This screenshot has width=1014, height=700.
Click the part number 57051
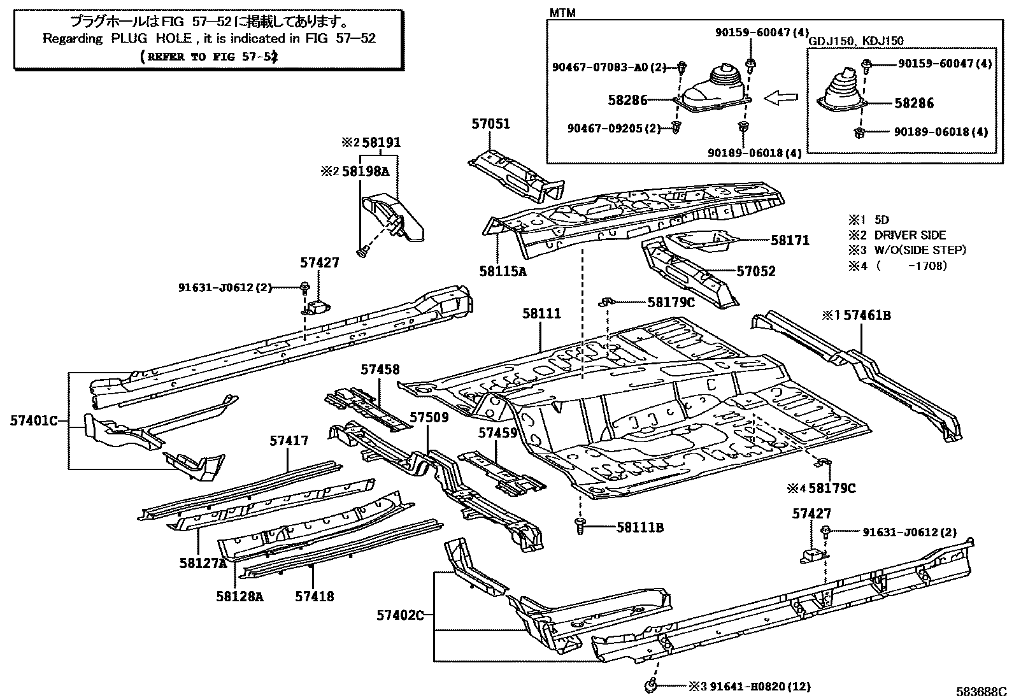[x=491, y=124]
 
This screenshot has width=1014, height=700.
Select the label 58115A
[x=503, y=271]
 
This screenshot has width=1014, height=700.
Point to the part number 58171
[x=790, y=240]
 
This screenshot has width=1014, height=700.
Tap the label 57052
[x=756, y=271]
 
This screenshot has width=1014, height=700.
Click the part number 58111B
[x=640, y=527]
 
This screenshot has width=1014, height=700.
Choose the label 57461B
[x=867, y=315]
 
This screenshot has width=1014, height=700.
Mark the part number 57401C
[x=34, y=420]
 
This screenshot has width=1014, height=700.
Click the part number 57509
[x=429, y=418]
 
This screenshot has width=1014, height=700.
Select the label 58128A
[x=239, y=596]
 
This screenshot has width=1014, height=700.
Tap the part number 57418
[x=315, y=596]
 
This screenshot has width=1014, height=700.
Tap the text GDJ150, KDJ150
[x=855, y=41]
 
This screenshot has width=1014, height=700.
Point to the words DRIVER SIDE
[x=910, y=235]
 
